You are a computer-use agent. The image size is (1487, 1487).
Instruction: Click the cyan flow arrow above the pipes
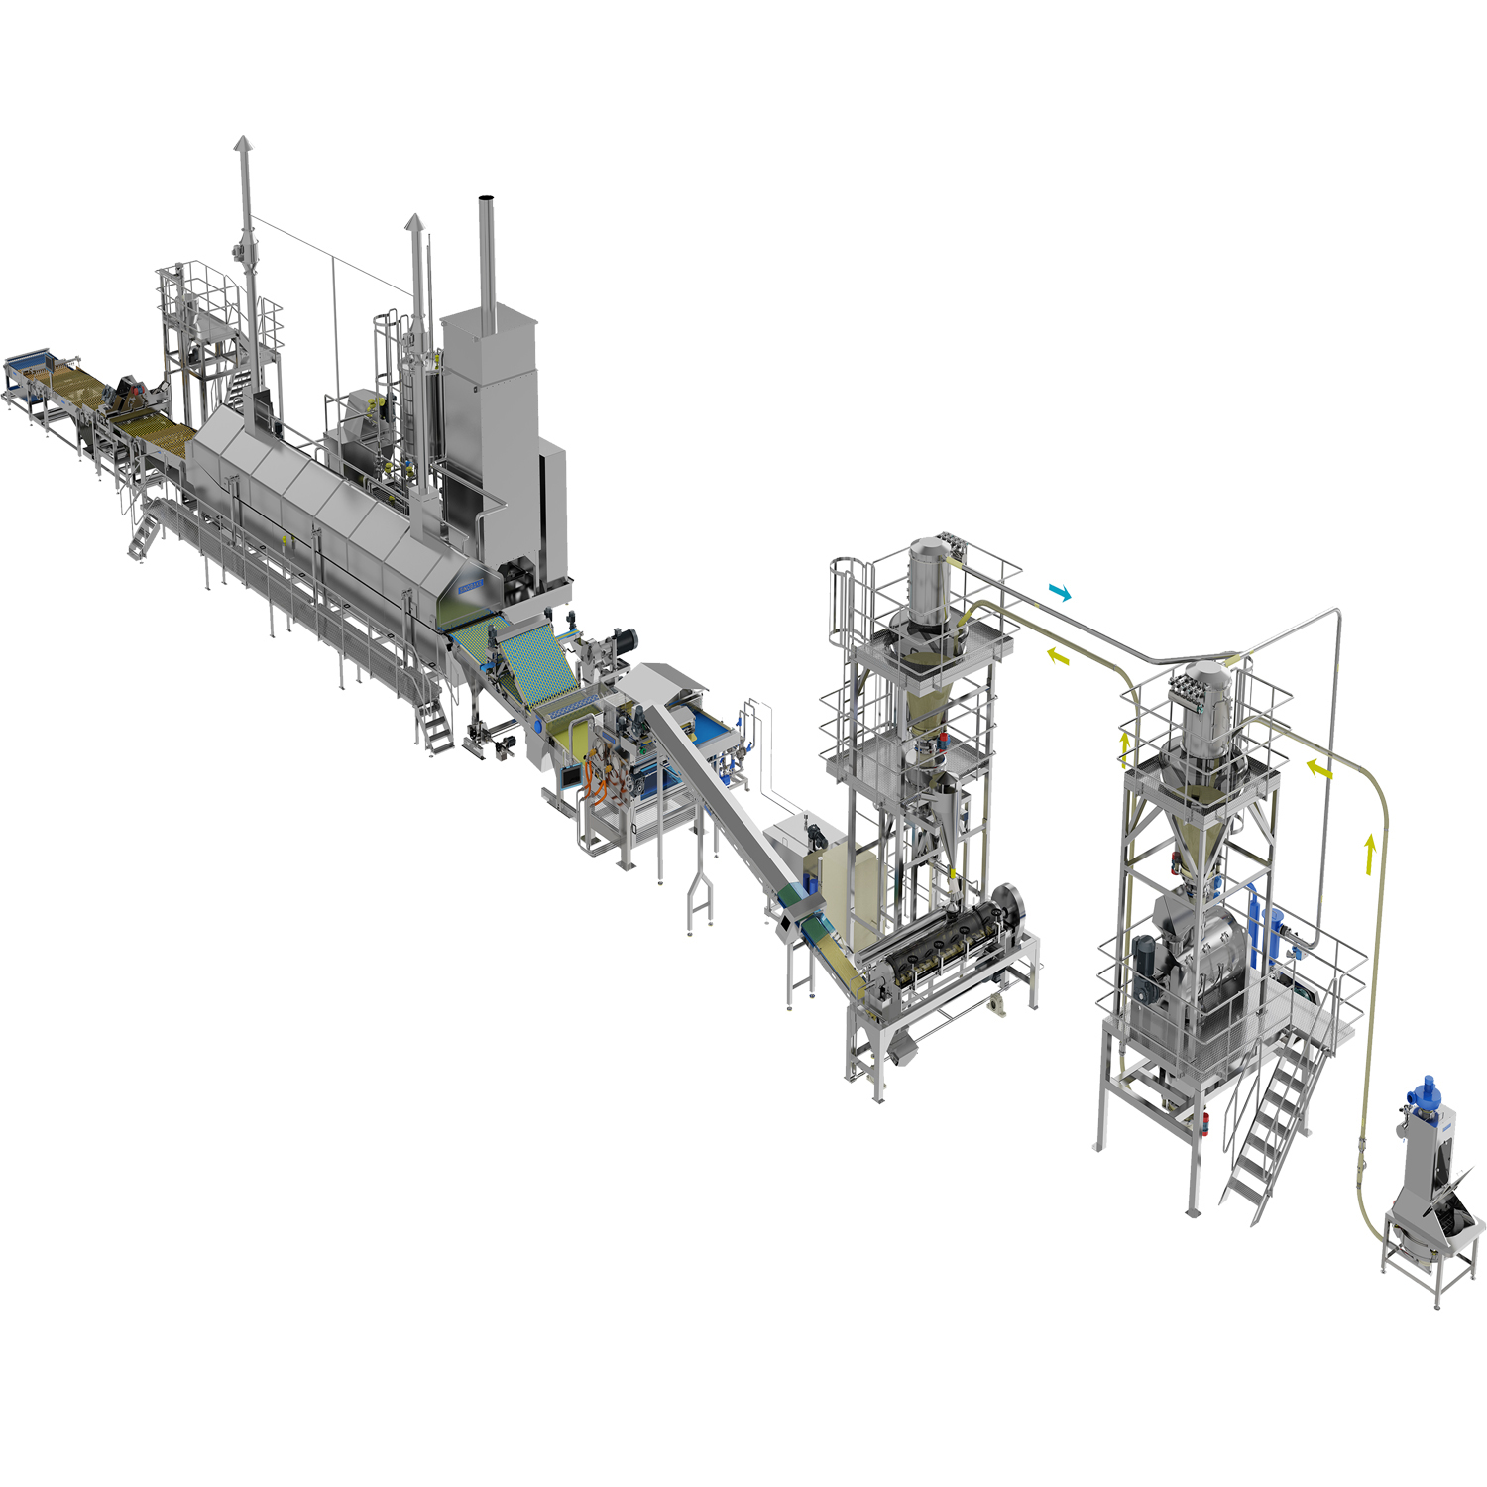click(x=1060, y=593)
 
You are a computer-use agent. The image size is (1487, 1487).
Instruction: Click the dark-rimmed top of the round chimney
click(x=486, y=201)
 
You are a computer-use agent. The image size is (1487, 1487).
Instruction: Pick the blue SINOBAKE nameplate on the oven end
click(x=471, y=586)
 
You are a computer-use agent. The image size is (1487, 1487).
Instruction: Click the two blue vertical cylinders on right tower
click(x=1265, y=927)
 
